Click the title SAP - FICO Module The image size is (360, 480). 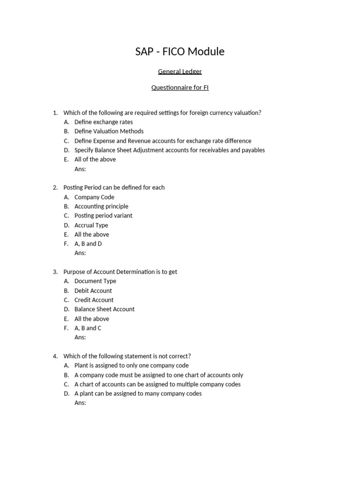pos(180,52)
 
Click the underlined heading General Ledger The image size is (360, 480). pos(180,72)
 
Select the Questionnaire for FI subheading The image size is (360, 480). pos(180,88)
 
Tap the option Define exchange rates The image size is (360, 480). pos(104,122)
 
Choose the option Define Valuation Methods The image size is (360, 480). pos(109,131)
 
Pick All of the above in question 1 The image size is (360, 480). pos(95,159)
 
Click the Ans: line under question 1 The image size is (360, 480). pos(80,169)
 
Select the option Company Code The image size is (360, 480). pos(94,197)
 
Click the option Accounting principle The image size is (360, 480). pos(101,206)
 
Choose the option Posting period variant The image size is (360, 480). pos(103,216)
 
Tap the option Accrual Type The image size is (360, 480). pos(91,225)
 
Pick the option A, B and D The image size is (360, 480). pos(88,244)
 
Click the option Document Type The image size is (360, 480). pos(95,281)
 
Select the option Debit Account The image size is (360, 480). pos(93,291)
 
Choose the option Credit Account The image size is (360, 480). pos(94,300)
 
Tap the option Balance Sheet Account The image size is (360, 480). pos(105,309)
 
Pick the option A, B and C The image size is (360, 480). pos(88,328)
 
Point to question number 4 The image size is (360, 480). pos(55,356)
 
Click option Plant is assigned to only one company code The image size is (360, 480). pos(132,366)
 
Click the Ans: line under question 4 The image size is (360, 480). pos(80,403)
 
